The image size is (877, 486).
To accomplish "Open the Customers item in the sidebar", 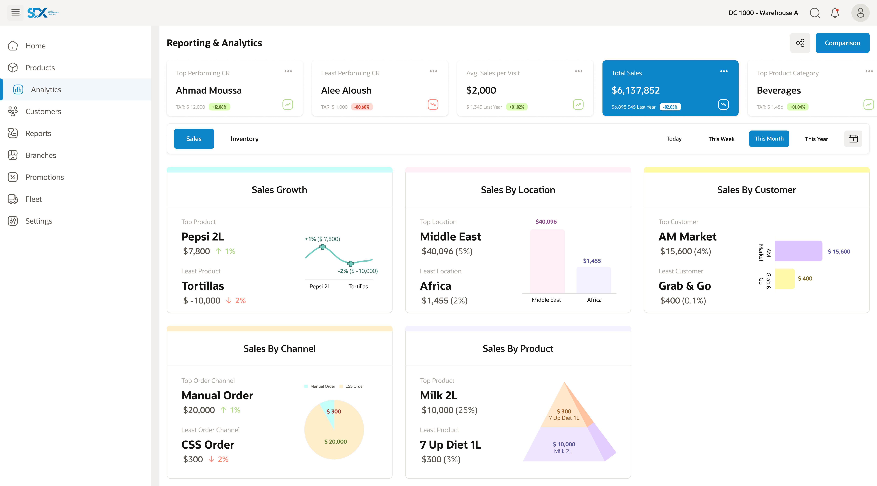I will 43,111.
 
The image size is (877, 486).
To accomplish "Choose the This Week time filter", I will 721,139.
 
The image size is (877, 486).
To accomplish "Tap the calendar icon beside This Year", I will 853,139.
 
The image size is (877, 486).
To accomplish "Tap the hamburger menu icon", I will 15,13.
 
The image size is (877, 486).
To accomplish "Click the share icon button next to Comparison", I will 800,43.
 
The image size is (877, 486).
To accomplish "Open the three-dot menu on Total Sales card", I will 724,71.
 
